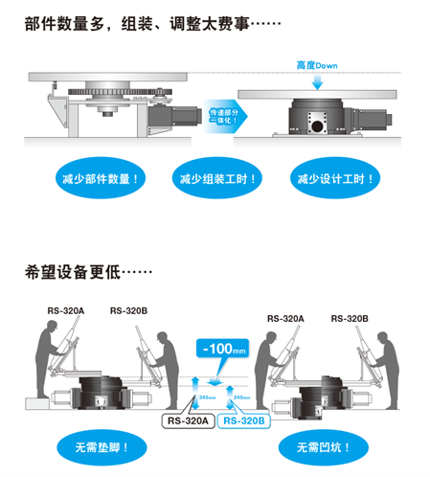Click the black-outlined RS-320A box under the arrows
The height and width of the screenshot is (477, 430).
tap(188, 418)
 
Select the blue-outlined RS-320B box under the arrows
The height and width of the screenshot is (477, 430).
tap(243, 418)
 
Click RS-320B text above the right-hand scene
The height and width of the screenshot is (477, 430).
tap(351, 317)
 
